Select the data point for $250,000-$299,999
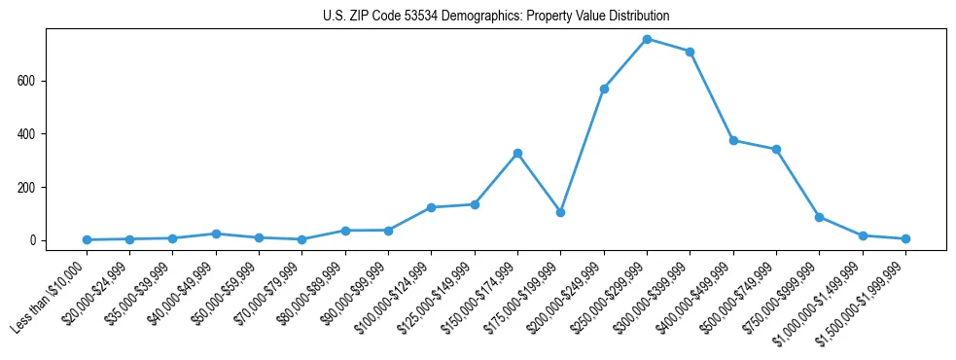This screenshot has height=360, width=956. tap(647, 39)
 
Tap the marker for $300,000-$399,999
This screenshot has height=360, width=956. tap(690, 52)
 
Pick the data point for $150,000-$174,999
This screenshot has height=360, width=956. tap(517, 153)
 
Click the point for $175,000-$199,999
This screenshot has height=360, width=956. tap(560, 212)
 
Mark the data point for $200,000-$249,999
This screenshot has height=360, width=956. tap(604, 89)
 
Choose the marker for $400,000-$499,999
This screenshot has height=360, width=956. tap(732, 140)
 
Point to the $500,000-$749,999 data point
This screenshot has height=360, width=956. tap(776, 150)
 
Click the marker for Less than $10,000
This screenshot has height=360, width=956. tap(88, 239)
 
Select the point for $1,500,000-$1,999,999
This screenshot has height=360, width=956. tap(905, 238)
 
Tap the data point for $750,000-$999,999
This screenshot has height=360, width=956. tap(819, 217)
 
